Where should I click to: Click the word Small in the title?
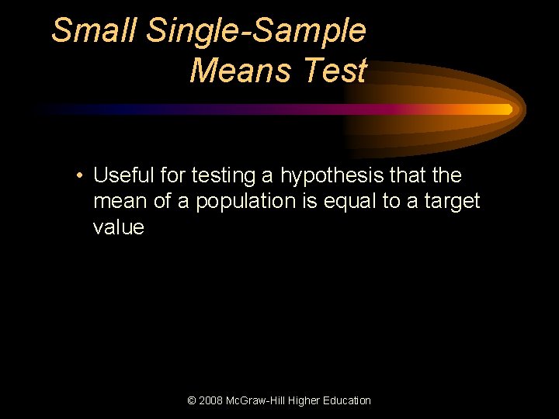(x=94, y=31)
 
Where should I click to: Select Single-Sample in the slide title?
(x=255, y=31)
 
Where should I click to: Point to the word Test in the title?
(x=335, y=71)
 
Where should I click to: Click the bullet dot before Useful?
(x=80, y=176)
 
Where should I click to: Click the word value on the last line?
(x=118, y=227)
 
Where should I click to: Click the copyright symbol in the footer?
(x=192, y=400)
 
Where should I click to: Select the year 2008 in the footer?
(x=211, y=400)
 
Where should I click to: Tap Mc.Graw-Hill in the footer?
(x=256, y=400)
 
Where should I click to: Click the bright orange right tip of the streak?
(x=508, y=109)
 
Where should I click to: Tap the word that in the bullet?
(x=410, y=176)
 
